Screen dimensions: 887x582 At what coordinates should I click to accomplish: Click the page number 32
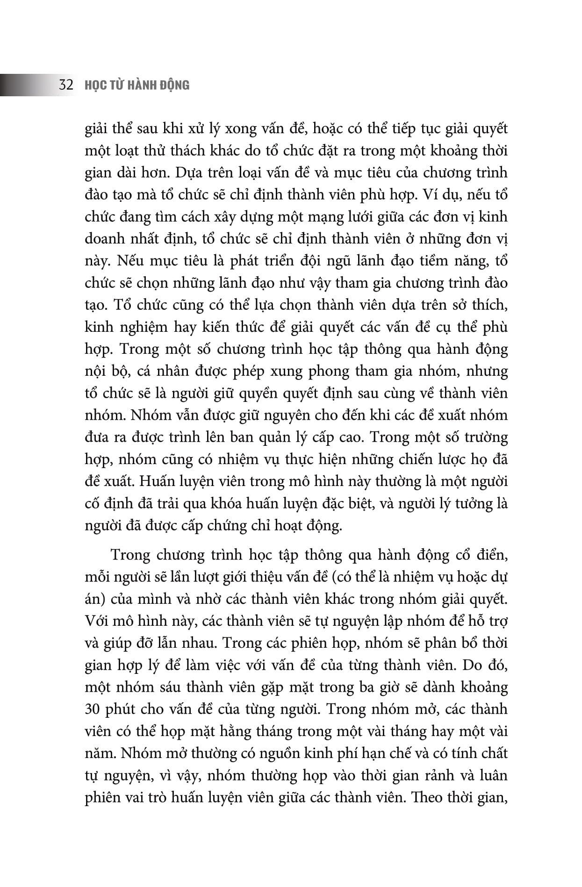[x=66, y=85]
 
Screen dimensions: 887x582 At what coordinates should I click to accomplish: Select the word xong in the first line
[x=241, y=129]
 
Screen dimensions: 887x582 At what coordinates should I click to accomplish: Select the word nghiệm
[x=141, y=327]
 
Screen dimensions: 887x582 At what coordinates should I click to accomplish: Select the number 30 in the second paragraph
[x=93, y=709]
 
